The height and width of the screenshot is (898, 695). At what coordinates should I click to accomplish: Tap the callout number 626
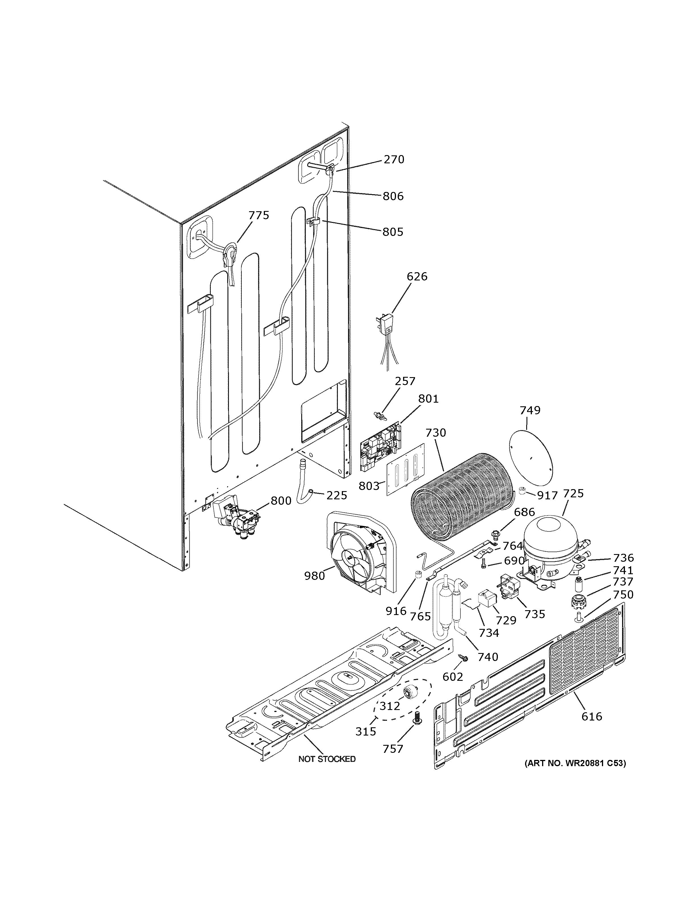pyautogui.click(x=417, y=276)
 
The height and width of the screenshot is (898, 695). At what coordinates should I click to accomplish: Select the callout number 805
pyautogui.click(x=393, y=232)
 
